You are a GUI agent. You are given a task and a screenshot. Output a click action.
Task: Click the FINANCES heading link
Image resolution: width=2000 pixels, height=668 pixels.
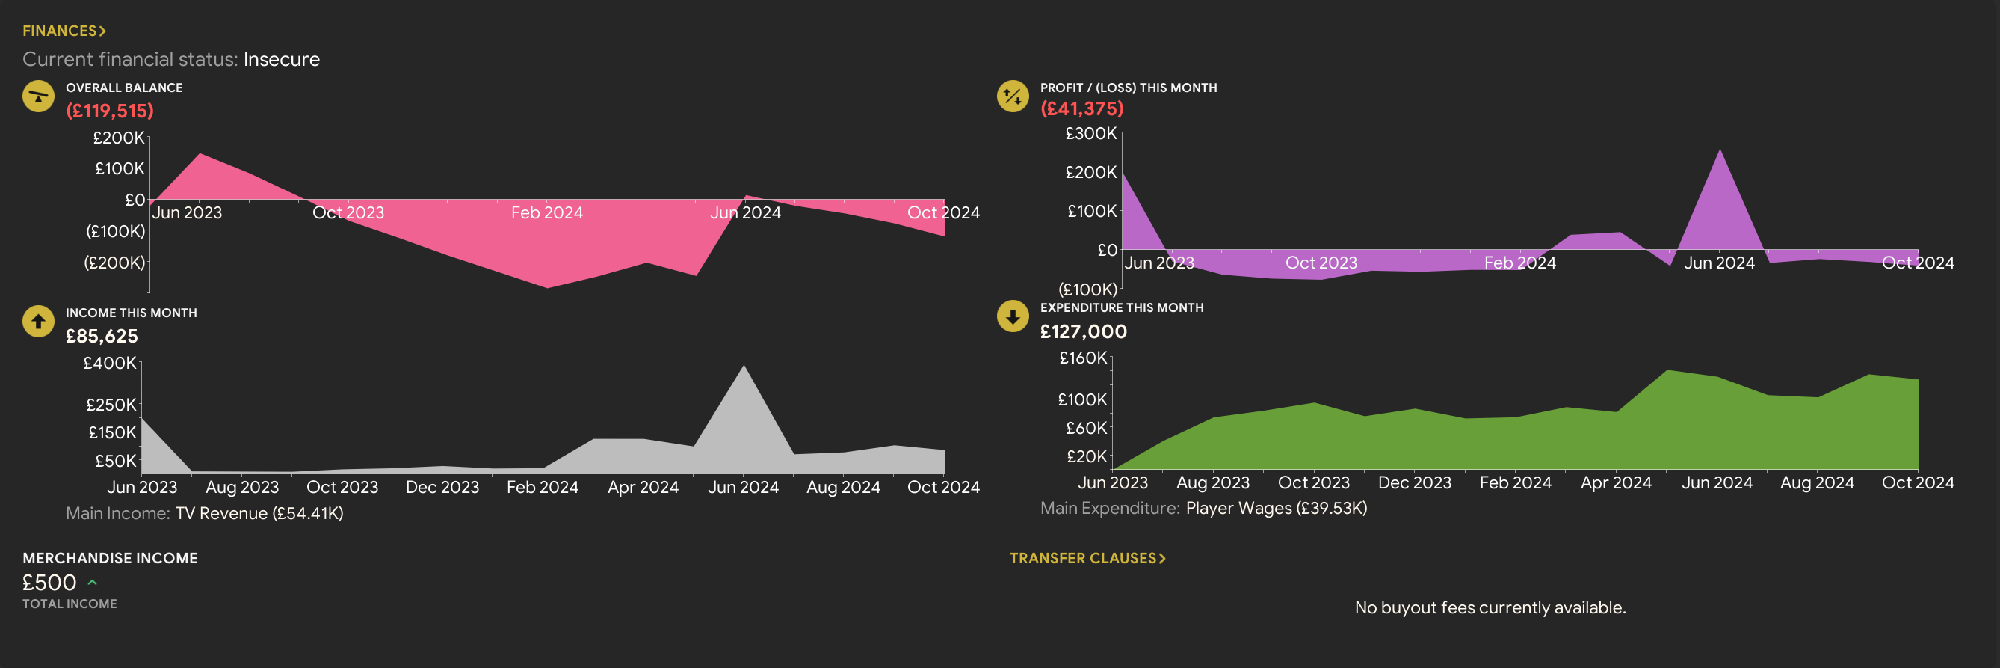(x=64, y=31)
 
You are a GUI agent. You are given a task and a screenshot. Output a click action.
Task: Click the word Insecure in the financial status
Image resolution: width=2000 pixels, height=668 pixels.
(x=281, y=59)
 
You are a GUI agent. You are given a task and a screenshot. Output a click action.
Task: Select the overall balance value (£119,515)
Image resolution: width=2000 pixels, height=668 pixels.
(x=109, y=110)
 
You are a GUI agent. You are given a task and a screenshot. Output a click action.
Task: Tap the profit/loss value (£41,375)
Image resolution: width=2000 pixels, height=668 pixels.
(x=1081, y=108)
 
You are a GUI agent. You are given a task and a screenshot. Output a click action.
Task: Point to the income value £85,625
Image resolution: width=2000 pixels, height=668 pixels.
(x=102, y=336)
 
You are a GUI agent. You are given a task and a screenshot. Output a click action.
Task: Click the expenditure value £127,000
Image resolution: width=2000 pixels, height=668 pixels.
(x=1083, y=331)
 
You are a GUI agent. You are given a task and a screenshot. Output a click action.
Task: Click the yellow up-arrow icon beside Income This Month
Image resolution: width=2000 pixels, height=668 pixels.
(x=38, y=322)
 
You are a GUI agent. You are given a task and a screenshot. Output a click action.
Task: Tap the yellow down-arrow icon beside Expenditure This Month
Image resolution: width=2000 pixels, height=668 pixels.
(x=1013, y=316)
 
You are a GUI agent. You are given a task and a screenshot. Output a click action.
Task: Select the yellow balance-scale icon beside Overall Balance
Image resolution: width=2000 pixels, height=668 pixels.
(x=38, y=96)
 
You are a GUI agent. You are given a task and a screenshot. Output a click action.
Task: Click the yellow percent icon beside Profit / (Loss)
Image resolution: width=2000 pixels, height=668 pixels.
(x=1013, y=96)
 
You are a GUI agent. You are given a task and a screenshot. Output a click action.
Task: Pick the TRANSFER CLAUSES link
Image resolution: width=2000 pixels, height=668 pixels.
(x=1087, y=558)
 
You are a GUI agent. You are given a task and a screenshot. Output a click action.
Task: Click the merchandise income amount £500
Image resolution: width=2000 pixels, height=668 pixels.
(x=49, y=583)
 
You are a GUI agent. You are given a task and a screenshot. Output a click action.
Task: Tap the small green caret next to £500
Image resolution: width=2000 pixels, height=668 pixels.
(x=93, y=582)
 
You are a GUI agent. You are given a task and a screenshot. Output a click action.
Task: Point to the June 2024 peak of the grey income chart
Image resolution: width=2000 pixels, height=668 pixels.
(x=744, y=367)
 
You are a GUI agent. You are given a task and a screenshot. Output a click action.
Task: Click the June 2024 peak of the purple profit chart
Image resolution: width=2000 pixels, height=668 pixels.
(x=1720, y=150)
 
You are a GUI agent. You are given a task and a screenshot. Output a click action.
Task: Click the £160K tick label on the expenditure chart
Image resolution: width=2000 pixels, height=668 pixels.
(x=1083, y=358)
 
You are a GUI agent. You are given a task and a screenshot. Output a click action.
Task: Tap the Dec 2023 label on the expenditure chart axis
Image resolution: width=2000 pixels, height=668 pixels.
(x=1415, y=482)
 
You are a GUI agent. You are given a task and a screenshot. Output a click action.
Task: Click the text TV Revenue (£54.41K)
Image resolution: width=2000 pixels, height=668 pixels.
(x=259, y=513)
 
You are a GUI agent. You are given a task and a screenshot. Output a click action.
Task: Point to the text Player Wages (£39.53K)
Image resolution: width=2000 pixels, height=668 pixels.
(x=1277, y=508)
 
